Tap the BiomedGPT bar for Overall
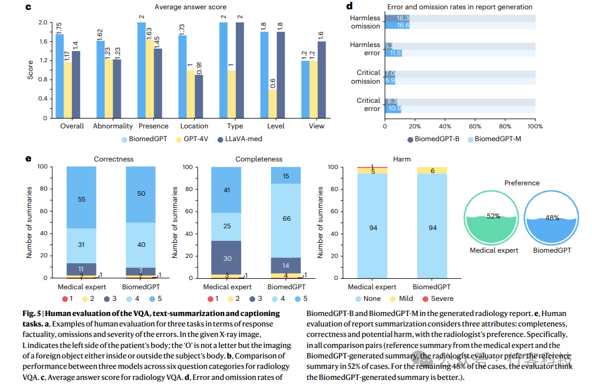(x=60, y=76)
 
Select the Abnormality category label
(x=113, y=126)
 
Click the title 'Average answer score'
(x=191, y=7)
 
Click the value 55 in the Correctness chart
(x=81, y=200)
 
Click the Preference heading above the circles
(x=522, y=183)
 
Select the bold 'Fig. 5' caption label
(x=32, y=314)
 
